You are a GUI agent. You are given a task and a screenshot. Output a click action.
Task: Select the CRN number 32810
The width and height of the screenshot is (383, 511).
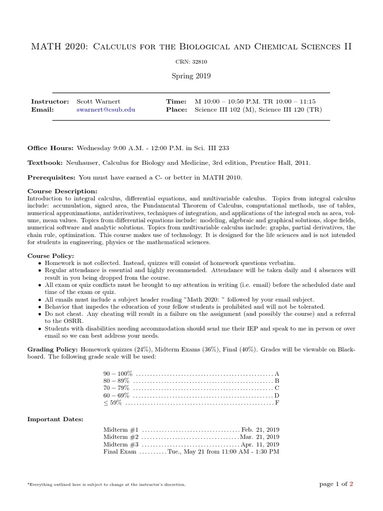pyautogui.click(x=191, y=62)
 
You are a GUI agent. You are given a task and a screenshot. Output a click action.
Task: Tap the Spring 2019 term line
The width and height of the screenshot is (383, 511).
pyautogui.click(x=191, y=76)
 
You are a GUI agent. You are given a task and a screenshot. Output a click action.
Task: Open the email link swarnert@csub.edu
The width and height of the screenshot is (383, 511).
pyautogui.click(x=105, y=110)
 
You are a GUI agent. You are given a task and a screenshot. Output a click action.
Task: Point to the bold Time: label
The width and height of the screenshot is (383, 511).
pyautogui.click(x=176, y=101)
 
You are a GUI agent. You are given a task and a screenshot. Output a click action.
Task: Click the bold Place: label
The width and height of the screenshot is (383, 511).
pyautogui.click(x=177, y=110)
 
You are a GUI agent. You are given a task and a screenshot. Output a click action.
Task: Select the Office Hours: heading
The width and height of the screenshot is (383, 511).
pyautogui.click(x=50, y=148)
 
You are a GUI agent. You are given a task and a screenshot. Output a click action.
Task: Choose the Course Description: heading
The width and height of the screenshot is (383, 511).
pyautogui.click(x=62, y=191)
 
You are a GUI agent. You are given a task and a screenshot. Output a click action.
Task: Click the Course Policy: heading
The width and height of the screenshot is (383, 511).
pyautogui.click(x=50, y=255)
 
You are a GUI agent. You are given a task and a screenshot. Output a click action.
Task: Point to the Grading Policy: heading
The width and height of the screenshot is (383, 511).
pyautogui.click(x=53, y=350)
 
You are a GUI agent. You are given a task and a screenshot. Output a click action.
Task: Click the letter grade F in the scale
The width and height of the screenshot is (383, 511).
pyautogui.click(x=277, y=402)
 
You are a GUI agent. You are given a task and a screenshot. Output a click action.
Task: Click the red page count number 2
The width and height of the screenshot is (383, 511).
pyautogui.click(x=351, y=484)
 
